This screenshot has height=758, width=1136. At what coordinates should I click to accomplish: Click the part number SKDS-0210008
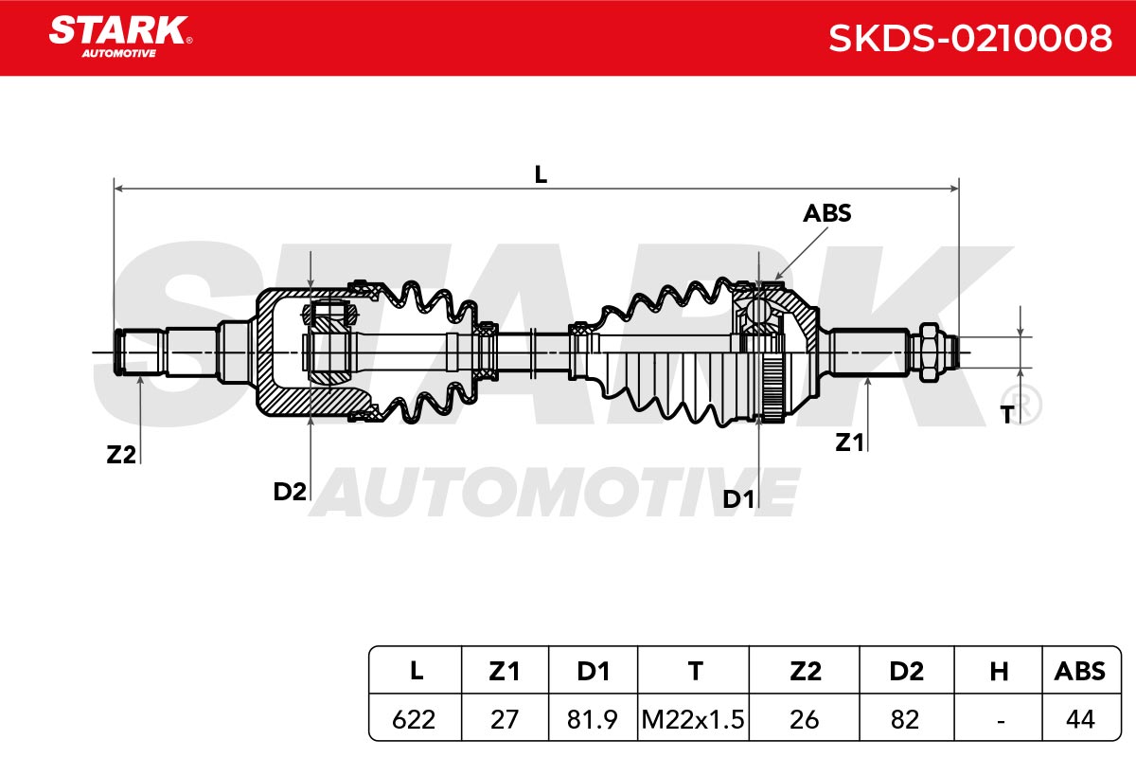[x=969, y=38]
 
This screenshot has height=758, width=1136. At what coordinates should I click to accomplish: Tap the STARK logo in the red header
[x=120, y=37]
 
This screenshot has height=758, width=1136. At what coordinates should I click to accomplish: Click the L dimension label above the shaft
[x=541, y=174]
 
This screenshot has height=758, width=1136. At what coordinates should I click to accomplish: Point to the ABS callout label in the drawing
[x=826, y=213]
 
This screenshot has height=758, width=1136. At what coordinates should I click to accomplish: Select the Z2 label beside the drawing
[x=121, y=455]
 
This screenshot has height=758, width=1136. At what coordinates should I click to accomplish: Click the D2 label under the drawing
[x=290, y=492]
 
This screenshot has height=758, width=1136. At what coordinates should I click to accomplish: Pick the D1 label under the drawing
[x=737, y=499]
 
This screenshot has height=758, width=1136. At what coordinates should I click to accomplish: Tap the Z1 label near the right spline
[x=849, y=442]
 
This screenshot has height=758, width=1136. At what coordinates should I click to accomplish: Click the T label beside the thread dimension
[x=1007, y=415]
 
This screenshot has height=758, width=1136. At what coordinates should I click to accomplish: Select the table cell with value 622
[x=414, y=719]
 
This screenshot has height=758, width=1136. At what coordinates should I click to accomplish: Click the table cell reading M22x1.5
[x=693, y=719]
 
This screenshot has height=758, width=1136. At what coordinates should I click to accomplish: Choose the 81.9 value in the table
[x=592, y=719]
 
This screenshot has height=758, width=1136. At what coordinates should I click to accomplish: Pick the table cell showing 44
[x=1080, y=719]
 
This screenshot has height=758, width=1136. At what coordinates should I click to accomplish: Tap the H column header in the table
[x=999, y=672]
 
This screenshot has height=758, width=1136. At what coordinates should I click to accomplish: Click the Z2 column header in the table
[x=805, y=672]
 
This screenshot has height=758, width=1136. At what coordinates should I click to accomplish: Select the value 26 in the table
[x=805, y=719]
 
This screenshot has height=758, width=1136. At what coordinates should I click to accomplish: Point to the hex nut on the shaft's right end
[x=928, y=352]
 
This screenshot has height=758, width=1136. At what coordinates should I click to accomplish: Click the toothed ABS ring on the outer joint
[x=772, y=388]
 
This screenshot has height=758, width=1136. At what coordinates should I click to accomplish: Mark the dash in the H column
[x=1001, y=721]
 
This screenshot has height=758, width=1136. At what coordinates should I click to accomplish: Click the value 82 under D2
[x=905, y=719]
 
